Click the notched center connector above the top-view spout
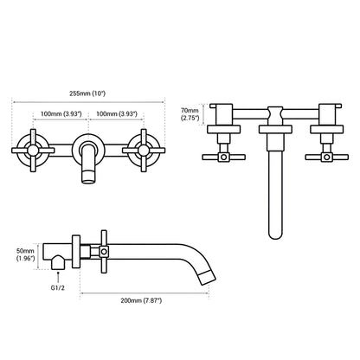274,112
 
